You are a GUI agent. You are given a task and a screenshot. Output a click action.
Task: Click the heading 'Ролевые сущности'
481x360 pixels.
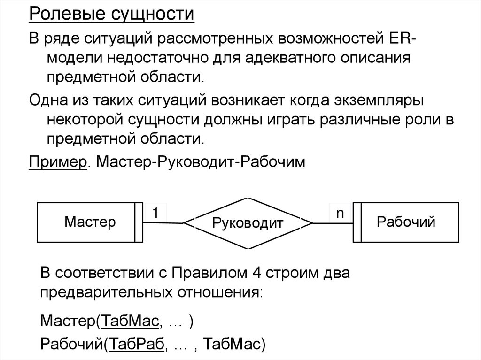pyautogui.click(x=112, y=14)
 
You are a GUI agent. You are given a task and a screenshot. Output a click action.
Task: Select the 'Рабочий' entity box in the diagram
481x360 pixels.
pyautogui.click(x=406, y=222)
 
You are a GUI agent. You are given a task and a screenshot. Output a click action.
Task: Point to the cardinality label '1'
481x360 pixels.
pyautogui.click(x=155, y=213)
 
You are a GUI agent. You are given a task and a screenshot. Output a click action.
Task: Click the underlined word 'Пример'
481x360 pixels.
pyautogui.click(x=58, y=161)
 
